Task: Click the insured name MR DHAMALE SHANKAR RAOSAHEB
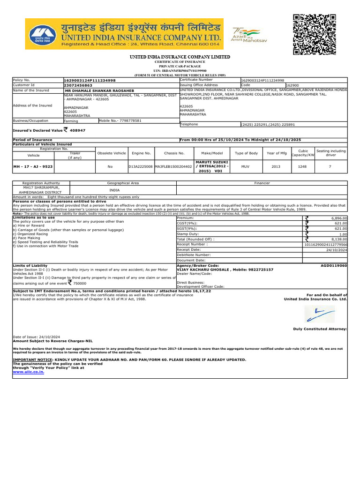[x=99, y=90]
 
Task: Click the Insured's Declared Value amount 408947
[x=78, y=131]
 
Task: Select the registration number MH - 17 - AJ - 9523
[x=34, y=166]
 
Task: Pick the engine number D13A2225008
[x=141, y=166]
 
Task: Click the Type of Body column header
[x=246, y=153]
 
